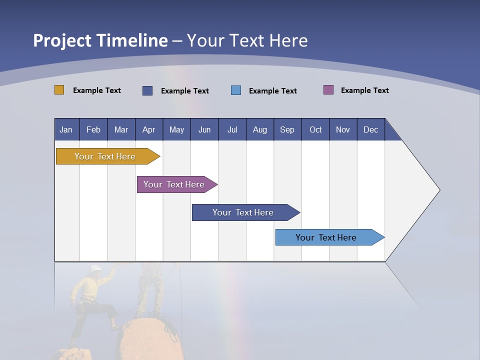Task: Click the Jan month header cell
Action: tap(66, 129)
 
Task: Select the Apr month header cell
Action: tap(149, 129)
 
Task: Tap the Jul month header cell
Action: tap(232, 129)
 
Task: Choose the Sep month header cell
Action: tap(287, 129)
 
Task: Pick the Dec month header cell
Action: tap(370, 129)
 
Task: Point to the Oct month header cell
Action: tap(315, 129)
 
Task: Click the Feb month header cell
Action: tap(93, 129)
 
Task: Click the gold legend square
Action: tap(59, 90)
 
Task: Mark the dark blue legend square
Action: tap(147, 90)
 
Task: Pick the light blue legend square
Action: tap(236, 90)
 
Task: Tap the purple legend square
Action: tap(328, 90)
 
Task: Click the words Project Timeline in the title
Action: tap(100, 40)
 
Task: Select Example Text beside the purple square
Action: tap(364, 90)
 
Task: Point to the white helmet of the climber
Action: tap(95, 268)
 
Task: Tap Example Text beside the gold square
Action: tap(96, 90)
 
